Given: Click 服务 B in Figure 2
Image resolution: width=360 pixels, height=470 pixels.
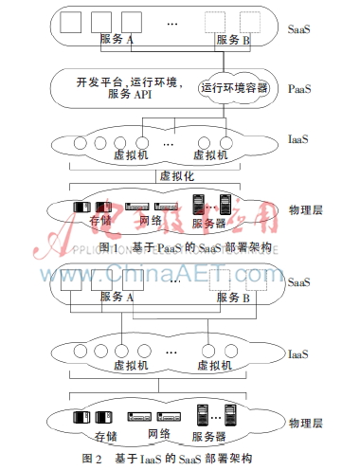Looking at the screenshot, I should [x=234, y=298].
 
